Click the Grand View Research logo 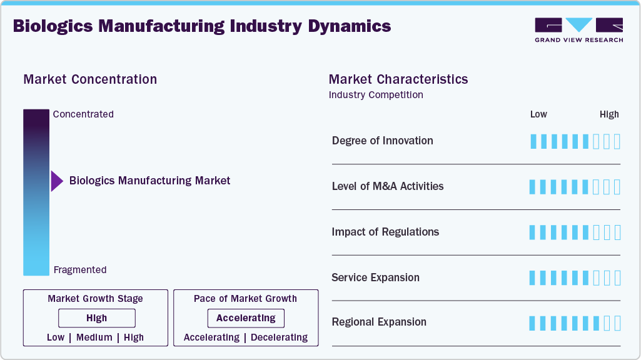(578, 30)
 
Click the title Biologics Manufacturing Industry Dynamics (201, 26)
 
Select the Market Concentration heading (90, 79)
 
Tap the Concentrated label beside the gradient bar (83, 114)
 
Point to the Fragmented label (80, 270)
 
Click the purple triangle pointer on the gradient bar (57, 181)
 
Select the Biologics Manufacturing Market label (149, 181)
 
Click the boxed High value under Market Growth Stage (97, 318)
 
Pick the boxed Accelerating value (246, 318)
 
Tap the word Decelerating (279, 337)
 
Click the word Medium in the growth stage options (94, 337)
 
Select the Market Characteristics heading (398, 79)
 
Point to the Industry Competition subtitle (376, 95)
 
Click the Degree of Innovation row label (382, 141)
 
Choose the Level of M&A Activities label (388, 186)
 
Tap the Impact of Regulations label (385, 232)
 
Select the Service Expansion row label (375, 277)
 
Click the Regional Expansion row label (379, 322)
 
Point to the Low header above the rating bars (538, 114)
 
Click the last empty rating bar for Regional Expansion (617, 323)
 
